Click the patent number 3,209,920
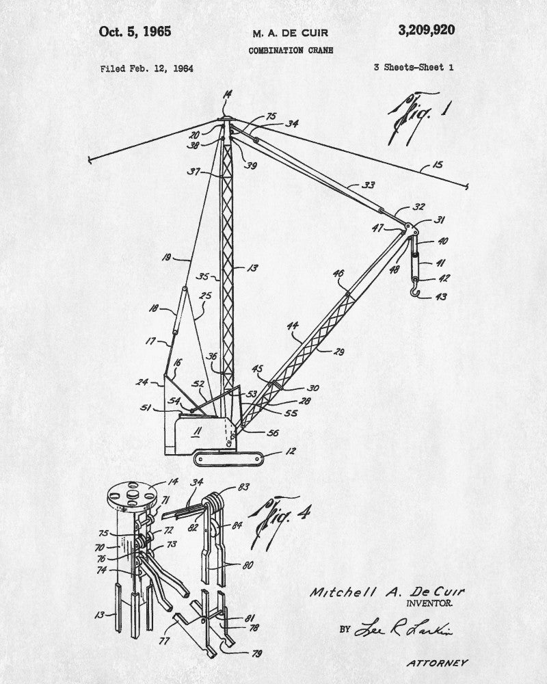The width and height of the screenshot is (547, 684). [x=425, y=30]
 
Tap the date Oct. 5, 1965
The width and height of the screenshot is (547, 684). [x=135, y=31]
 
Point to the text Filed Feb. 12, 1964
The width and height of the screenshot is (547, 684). [x=146, y=68]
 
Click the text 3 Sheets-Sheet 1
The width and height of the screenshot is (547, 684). [x=414, y=67]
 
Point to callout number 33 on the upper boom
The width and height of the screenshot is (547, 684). [x=369, y=185]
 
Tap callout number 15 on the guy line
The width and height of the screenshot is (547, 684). [x=437, y=165]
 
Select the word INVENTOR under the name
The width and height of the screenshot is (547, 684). [x=429, y=603]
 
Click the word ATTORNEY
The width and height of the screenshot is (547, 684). [x=437, y=663]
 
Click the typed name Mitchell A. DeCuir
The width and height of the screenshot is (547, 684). [x=386, y=591]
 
